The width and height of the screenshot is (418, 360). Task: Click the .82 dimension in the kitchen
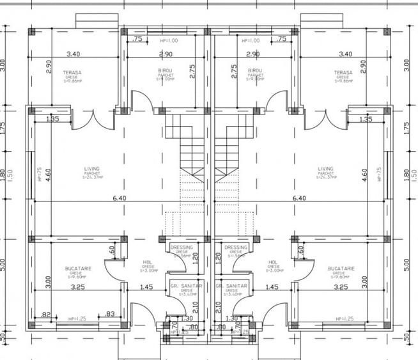tap(45, 315)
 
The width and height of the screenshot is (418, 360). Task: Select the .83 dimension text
tap(110, 314)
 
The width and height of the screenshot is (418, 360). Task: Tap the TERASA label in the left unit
tap(72, 73)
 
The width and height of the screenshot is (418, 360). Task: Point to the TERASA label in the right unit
tap(343, 73)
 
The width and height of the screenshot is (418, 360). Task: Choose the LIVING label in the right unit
tap(326, 169)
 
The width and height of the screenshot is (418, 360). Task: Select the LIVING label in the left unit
tap(92, 169)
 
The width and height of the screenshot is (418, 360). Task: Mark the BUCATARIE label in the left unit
tap(79, 269)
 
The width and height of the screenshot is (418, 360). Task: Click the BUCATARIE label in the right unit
tap(340, 269)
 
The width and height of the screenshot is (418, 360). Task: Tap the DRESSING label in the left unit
tap(182, 247)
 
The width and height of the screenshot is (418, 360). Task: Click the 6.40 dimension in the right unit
tap(298, 198)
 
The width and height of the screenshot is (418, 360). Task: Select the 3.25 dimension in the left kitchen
tap(77, 288)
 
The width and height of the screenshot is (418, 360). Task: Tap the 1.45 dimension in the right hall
tap(272, 288)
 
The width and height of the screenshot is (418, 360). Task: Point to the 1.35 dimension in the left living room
tap(52, 120)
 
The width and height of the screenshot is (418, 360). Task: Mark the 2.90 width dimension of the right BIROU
tap(252, 54)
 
